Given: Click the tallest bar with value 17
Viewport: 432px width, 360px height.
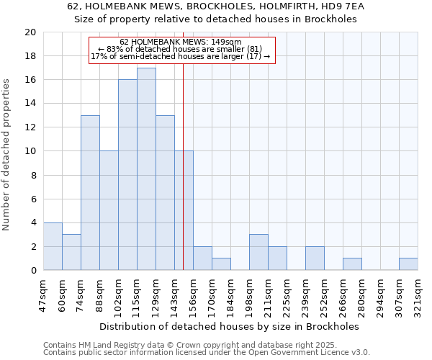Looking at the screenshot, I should (146, 169).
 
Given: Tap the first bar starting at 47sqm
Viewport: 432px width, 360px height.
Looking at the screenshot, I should (53, 246).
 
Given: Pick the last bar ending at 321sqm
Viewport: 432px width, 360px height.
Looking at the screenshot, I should (408, 264).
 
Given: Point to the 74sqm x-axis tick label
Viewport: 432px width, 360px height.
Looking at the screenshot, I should (81, 294).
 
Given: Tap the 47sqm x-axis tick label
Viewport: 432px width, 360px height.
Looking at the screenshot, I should (43, 294).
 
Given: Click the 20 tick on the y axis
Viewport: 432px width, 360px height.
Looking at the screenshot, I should (30, 32).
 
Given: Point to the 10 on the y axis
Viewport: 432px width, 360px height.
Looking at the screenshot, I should (30, 151).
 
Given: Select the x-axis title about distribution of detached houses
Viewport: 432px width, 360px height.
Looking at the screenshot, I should (230, 326).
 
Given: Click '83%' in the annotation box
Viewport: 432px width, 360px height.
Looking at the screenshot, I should (117, 49).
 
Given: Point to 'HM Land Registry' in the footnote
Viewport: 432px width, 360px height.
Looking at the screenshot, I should (111, 345).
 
